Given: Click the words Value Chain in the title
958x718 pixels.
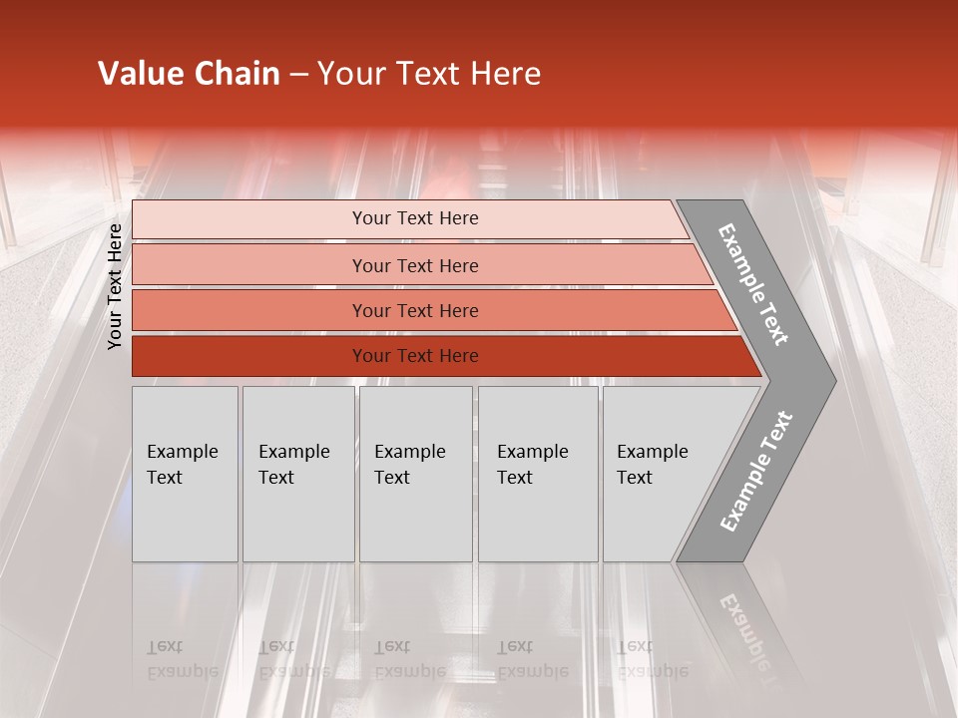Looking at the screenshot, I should [189, 74].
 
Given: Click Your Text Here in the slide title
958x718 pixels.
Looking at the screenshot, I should [429, 74].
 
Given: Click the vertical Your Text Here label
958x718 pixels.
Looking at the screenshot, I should [115, 286].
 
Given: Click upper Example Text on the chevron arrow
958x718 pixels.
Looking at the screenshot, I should [754, 284].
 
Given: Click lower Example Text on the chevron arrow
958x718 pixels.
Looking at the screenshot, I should [756, 472].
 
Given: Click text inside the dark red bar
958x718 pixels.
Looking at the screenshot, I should [415, 356].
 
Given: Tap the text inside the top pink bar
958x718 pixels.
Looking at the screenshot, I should [415, 218].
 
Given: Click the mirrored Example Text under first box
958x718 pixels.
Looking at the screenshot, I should [182, 659].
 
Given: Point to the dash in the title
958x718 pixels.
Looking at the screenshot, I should [298, 75].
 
